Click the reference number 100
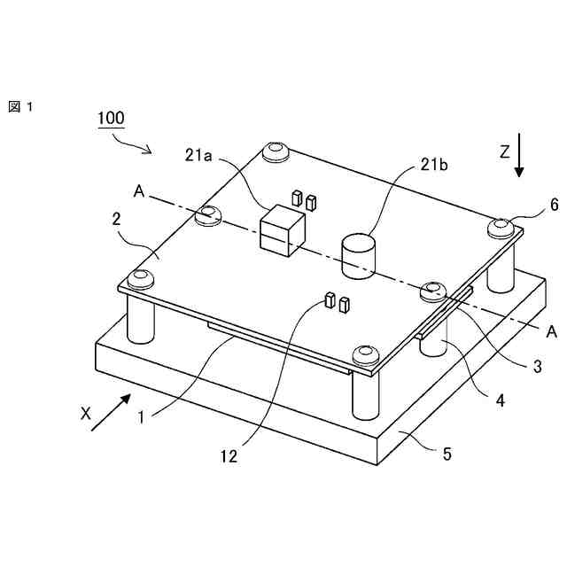pos(111,117)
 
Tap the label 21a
pos(199,156)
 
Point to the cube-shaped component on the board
pos(282,229)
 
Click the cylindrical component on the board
pos(358,255)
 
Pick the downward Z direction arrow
pos(520,159)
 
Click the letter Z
pos(503,152)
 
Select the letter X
pos(86,413)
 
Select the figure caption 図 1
pos(20,107)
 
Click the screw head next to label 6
pos(501,227)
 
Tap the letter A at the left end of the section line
pos(138,190)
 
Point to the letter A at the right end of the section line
pos(551,332)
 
